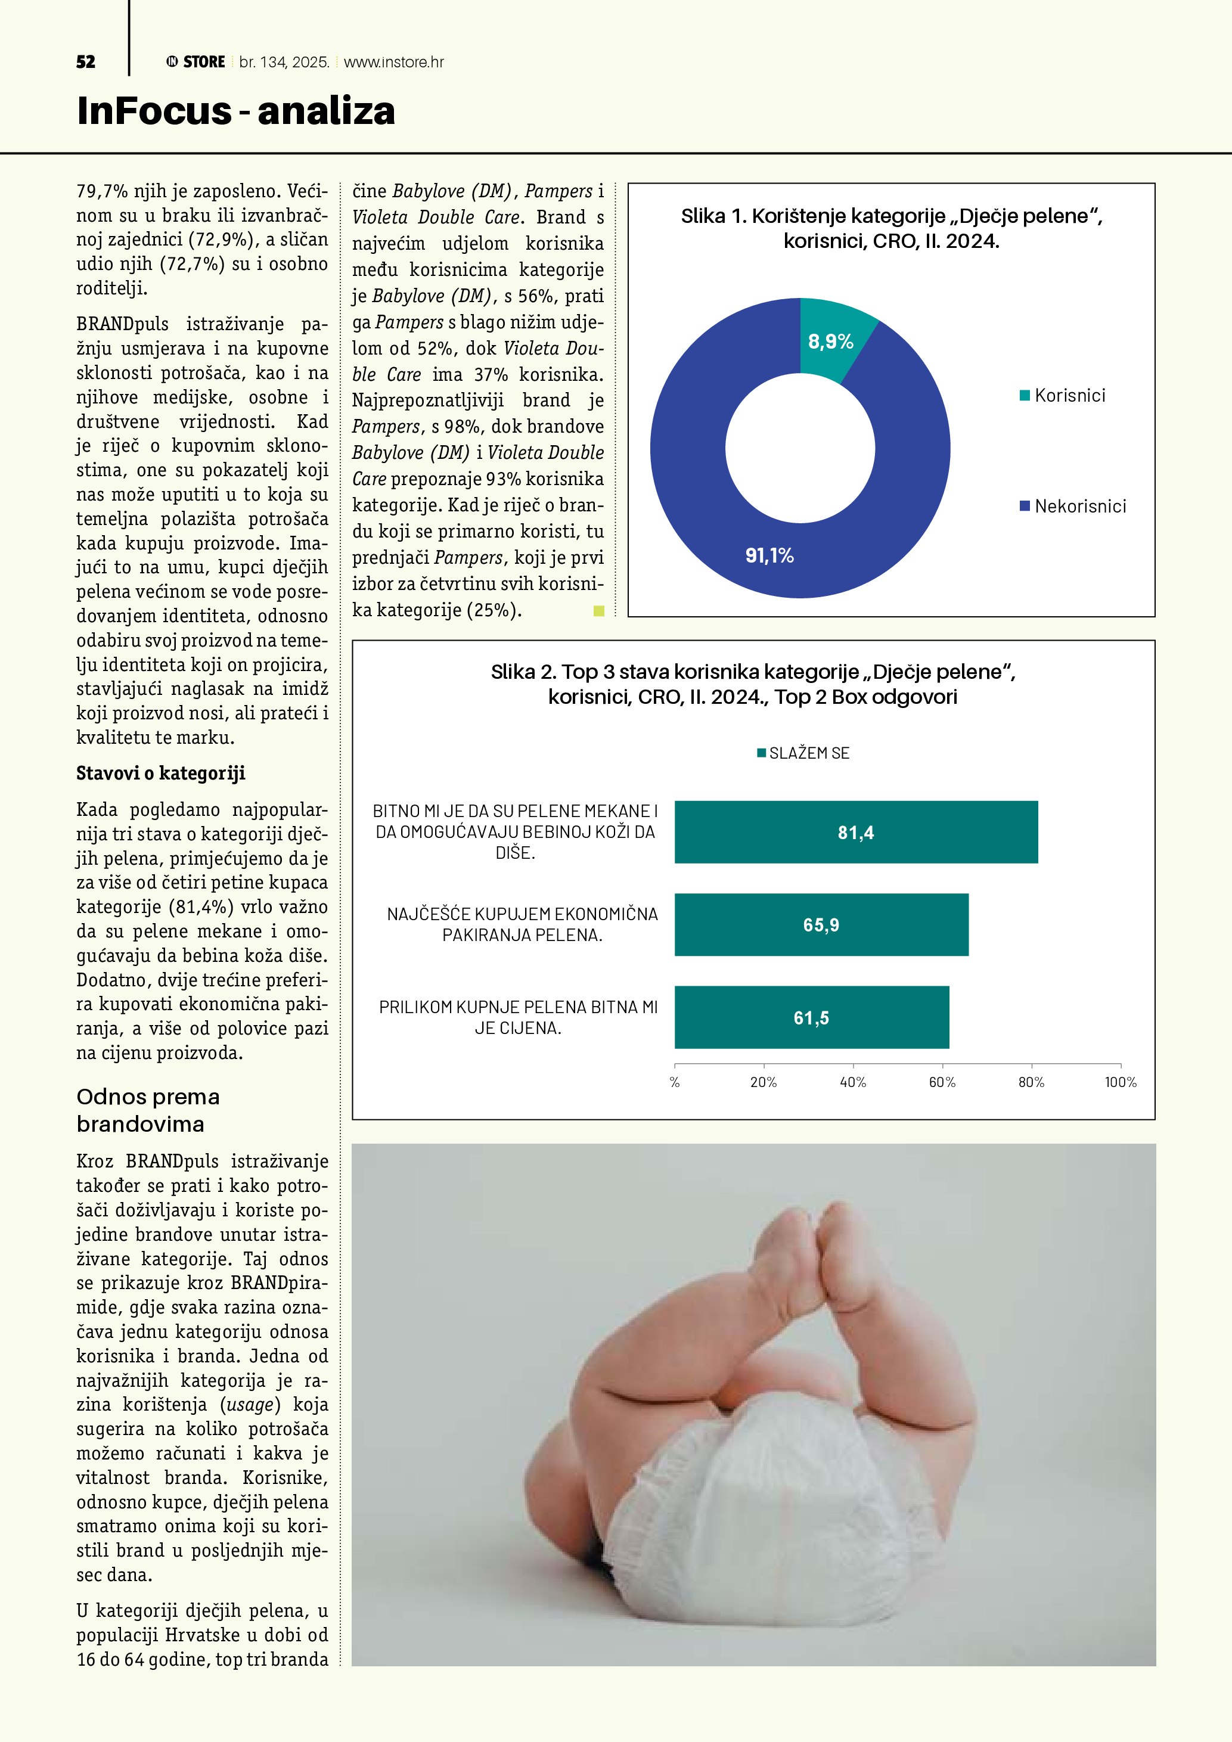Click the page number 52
pos(86,62)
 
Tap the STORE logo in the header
pos(195,62)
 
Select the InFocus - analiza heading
pos(236,111)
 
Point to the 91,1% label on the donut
pos(769,556)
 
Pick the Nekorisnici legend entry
pos(1073,506)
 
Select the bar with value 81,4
pos(856,833)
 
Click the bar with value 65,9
pos(821,925)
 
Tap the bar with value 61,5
pos(811,1017)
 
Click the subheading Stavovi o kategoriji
pos(161,773)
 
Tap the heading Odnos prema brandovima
pos(148,1110)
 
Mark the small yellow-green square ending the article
pos(598,611)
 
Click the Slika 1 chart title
pos(892,228)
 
